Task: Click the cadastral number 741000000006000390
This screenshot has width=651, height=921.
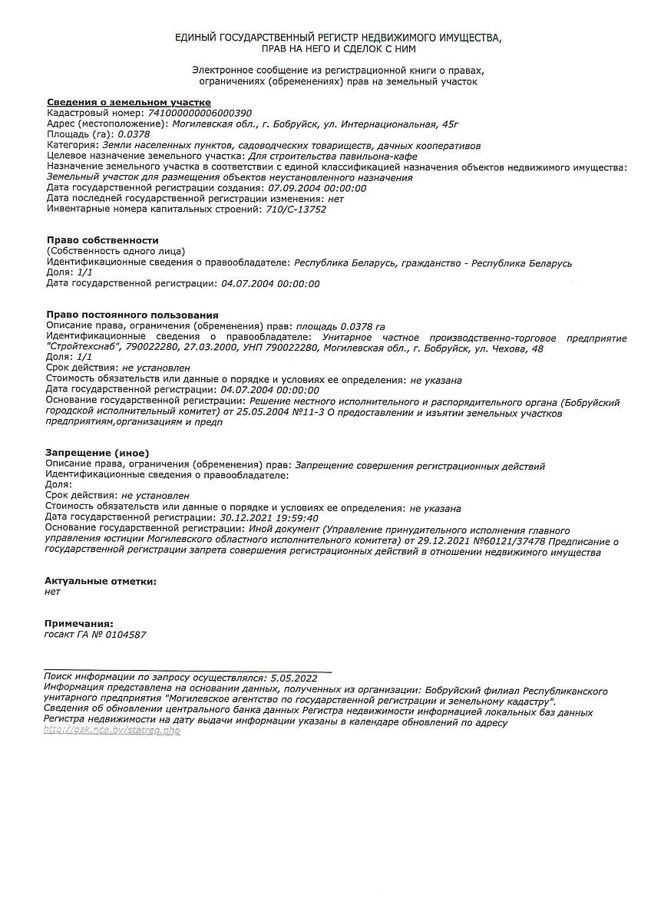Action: pyautogui.click(x=199, y=112)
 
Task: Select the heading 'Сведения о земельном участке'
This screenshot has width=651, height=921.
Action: pyautogui.click(x=128, y=102)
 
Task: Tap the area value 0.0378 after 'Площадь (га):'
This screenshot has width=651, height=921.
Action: pyautogui.click(x=134, y=134)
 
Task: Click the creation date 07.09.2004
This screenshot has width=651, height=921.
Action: pyautogui.click(x=294, y=187)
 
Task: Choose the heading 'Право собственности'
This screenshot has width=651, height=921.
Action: pyautogui.click(x=102, y=240)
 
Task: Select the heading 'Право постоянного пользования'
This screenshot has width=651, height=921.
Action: pyautogui.click(x=132, y=315)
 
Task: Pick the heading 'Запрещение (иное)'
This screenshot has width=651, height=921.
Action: pyautogui.click(x=97, y=453)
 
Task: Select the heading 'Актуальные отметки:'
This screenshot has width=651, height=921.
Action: pyautogui.click(x=101, y=581)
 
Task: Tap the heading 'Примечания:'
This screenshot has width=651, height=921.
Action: pyautogui.click(x=79, y=623)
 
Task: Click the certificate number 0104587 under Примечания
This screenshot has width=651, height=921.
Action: pyautogui.click(x=124, y=635)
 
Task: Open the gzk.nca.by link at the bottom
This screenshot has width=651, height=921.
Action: pyautogui.click(x=112, y=731)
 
